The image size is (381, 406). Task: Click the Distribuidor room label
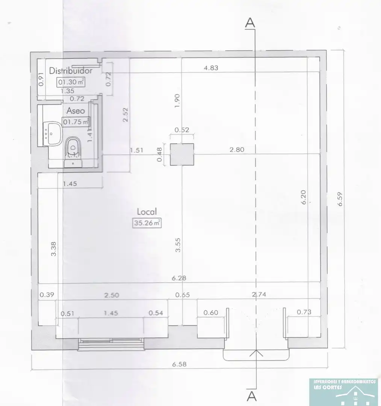point(71,70)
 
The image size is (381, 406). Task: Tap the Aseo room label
point(76,111)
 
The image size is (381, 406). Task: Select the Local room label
point(147,211)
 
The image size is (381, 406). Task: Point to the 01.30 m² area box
point(71,82)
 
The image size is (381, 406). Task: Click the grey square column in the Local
point(182,154)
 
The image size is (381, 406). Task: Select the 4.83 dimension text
point(211,68)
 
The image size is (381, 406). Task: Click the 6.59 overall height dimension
point(340,199)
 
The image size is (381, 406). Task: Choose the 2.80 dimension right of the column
point(237,149)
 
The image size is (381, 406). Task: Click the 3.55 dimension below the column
point(178,245)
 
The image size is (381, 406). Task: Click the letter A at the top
point(250,22)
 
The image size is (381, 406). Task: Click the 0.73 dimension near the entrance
point(304,312)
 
